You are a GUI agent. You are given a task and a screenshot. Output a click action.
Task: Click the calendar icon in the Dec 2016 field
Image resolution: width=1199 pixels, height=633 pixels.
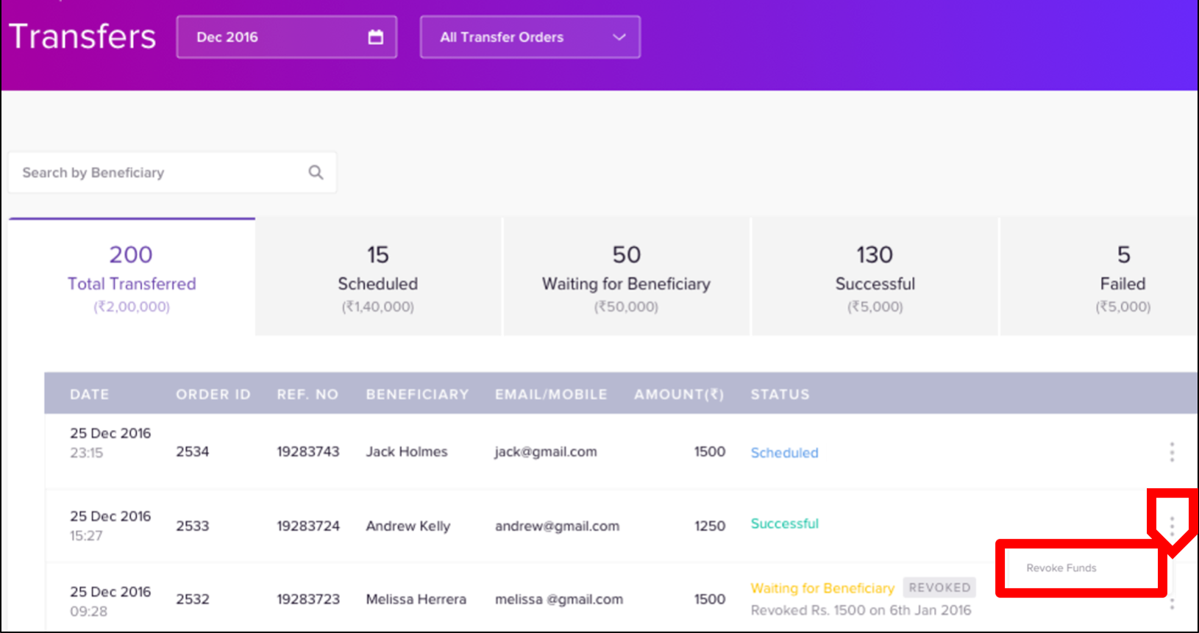click(x=376, y=37)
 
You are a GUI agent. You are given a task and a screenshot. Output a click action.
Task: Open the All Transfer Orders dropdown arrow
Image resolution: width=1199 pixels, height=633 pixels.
click(x=619, y=37)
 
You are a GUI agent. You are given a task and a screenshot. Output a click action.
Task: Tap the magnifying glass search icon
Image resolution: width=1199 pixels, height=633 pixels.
click(x=316, y=172)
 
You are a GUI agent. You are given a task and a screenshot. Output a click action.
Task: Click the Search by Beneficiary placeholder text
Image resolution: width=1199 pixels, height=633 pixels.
click(x=93, y=173)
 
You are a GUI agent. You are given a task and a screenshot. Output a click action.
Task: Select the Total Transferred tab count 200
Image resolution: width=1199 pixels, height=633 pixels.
click(x=131, y=254)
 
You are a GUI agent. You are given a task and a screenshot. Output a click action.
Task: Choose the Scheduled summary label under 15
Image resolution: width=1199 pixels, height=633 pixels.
click(x=378, y=284)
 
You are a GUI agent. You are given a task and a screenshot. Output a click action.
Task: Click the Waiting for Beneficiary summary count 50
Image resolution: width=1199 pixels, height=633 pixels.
click(x=626, y=254)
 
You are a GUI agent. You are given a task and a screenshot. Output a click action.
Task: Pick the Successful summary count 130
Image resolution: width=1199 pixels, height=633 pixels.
click(x=875, y=254)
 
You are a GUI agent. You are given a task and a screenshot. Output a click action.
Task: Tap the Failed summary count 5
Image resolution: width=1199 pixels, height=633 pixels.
click(x=1123, y=254)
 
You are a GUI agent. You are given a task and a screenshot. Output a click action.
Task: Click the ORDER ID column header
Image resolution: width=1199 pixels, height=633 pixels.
click(x=213, y=394)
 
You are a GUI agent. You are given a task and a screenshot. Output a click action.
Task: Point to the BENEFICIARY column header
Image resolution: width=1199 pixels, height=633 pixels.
click(x=418, y=394)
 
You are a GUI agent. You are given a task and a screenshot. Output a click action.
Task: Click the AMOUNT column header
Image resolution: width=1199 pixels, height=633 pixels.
click(x=679, y=394)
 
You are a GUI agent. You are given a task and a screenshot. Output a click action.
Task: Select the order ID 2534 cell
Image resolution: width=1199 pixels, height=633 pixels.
click(x=193, y=451)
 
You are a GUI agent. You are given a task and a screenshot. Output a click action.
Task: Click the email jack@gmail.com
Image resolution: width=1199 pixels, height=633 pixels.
click(x=546, y=452)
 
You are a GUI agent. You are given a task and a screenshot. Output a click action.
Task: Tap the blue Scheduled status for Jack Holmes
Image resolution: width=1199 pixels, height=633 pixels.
click(x=785, y=453)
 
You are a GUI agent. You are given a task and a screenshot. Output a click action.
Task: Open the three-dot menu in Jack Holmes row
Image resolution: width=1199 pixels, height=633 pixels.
click(x=1173, y=452)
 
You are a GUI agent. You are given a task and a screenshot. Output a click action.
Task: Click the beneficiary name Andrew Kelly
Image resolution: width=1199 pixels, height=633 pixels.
click(x=408, y=526)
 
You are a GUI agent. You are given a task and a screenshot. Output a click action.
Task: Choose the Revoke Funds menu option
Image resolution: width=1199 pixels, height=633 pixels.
click(x=1061, y=568)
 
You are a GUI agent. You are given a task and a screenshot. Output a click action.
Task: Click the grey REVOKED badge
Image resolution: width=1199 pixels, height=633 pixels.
click(x=939, y=587)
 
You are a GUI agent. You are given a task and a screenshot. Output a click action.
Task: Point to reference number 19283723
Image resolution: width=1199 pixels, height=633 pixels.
click(x=308, y=599)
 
